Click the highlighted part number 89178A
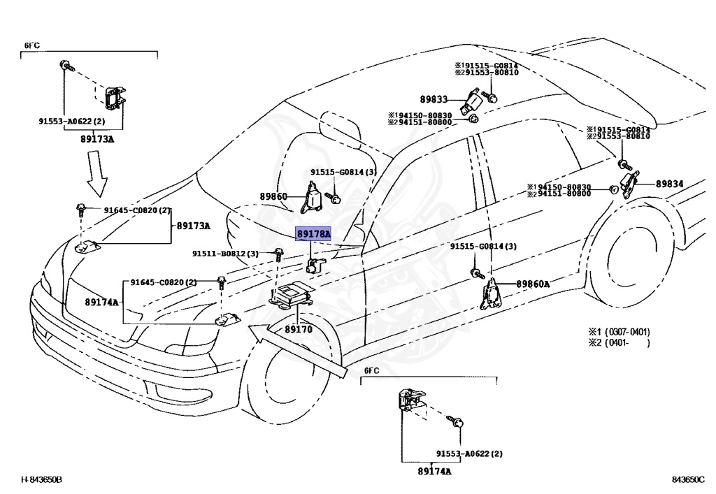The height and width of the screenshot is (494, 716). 313,233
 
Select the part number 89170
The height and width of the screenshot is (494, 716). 299,328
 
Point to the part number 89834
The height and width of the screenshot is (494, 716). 669,184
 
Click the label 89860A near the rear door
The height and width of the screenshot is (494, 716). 533,284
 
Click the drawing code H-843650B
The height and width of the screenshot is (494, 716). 41,479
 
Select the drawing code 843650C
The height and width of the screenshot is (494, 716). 688,479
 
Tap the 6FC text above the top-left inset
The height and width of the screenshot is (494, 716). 32,45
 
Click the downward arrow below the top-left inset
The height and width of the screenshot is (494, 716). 98,179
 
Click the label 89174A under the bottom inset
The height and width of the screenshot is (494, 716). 434,471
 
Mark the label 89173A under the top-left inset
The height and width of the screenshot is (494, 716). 95,140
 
